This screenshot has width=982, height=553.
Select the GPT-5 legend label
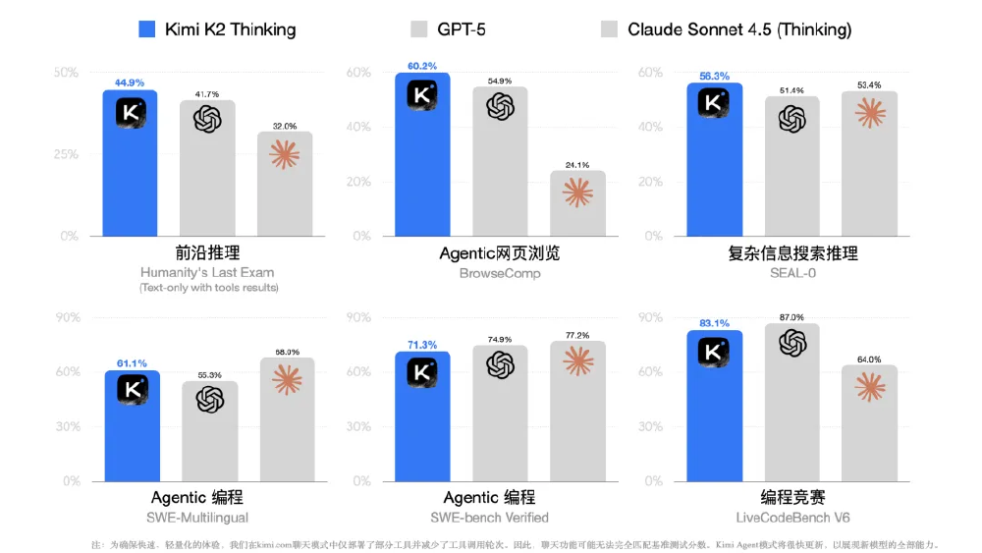tap(462, 29)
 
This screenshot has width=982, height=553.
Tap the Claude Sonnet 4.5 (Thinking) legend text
tap(739, 29)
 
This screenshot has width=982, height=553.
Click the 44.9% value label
tap(131, 83)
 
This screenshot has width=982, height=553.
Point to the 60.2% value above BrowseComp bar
tap(422, 66)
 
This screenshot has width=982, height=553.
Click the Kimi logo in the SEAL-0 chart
tap(714, 102)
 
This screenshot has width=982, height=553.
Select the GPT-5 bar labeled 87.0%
tap(791, 403)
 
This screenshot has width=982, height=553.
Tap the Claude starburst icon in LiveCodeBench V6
tap(869, 387)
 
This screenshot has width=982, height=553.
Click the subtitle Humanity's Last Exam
tap(207, 272)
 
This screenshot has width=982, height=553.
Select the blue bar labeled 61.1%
tap(131, 427)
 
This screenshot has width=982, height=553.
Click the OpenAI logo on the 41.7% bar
tap(207, 120)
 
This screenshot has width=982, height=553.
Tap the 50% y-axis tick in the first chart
tap(66, 73)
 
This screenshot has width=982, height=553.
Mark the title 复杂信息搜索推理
tap(792, 253)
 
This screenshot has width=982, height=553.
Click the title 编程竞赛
tap(792, 497)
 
